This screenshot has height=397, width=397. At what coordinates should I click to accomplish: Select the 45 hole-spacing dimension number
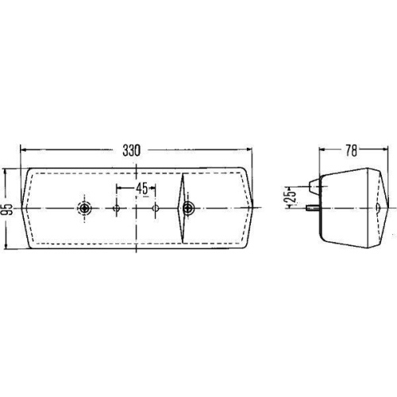(x=141, y=188)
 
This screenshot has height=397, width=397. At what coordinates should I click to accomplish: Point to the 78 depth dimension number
(x=350, y=148)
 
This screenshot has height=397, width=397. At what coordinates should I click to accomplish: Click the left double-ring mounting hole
(x=84, y=209)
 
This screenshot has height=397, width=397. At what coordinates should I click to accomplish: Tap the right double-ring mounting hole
(x=188, y=209)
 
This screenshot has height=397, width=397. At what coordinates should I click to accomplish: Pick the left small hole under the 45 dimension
(x=117, y=209)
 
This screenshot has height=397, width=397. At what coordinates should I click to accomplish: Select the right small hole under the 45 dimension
(x=156, y=209)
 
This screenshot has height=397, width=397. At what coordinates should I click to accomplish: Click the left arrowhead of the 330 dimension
(x=22, y=148)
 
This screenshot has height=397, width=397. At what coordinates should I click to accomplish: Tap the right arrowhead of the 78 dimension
(x=384, y=148)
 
